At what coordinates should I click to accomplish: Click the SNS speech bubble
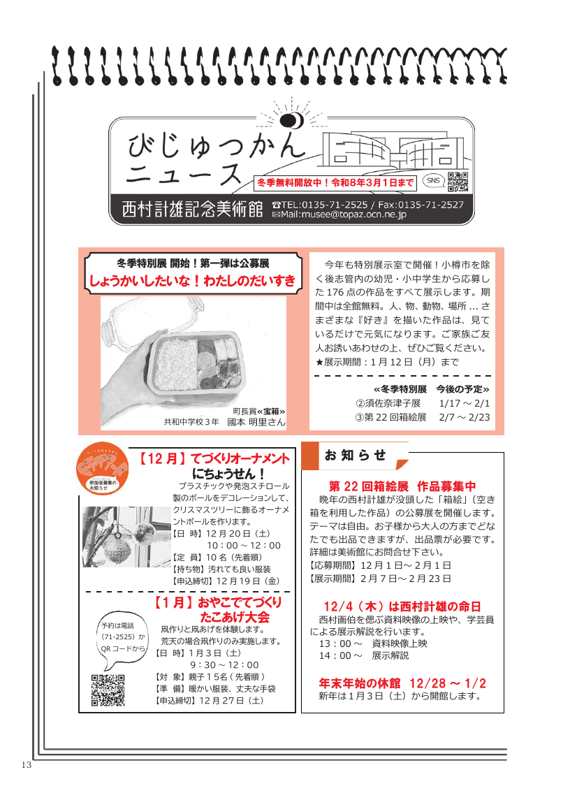[x=433, y=181]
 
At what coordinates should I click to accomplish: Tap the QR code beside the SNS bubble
[x=458, y=182]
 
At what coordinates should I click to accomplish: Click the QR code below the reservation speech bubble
[x=108, y=690]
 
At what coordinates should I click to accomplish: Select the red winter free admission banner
[x=335, y=182]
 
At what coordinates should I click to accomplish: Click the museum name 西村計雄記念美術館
[x=192, y=209]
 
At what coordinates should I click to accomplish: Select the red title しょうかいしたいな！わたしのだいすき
[x=192, y=281]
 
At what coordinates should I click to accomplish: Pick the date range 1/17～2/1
[x=465, y=403]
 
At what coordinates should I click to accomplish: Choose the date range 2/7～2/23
[x=465, y=417]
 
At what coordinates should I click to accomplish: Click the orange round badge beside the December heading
[x=103, y=468]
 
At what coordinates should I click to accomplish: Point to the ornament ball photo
[x=126, y=537]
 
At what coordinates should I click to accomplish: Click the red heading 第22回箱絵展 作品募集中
[x=402, y=486]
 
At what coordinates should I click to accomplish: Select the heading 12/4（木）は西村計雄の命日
[x=402, y=606]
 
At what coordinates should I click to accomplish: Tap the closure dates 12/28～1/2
[x=448, y=683]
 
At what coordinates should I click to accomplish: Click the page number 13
[x=27, y=765]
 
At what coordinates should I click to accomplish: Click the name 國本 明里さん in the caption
[x=256, y=422]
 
